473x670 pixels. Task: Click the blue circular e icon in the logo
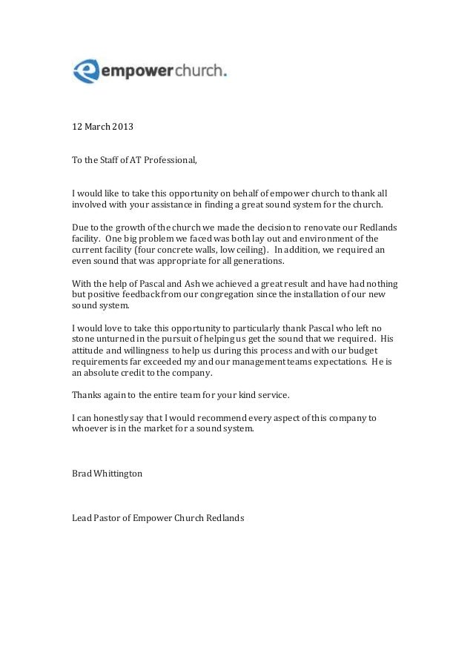pos(86,70)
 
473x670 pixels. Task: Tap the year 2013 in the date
pos(123,126)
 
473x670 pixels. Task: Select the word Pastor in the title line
pos(108,517)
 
